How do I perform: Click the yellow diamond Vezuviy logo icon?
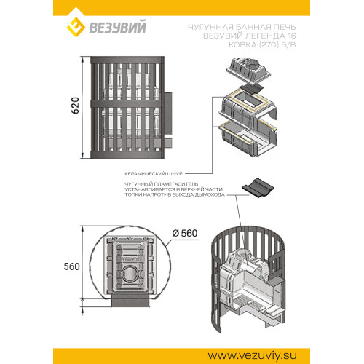(x=76, y=27)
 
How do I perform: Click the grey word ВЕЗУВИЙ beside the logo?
(x=118, y=27)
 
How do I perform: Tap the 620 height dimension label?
(x=75, y=106)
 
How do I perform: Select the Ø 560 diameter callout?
(x=185, y=233)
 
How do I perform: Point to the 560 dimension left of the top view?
(x=71, y=266)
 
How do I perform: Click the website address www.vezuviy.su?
(x=252, y=356)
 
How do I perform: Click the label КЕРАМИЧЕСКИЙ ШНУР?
(x=154, y=174)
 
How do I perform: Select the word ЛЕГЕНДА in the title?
(x=265, y=36)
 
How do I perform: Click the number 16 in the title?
(x=291, y=36)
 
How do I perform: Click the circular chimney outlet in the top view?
(x=130, y=274)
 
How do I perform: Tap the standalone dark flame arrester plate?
(x=258, y=189)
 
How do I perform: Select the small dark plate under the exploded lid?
(x=251, y=88)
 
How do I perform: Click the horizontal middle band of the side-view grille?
(x=127, y=103)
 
